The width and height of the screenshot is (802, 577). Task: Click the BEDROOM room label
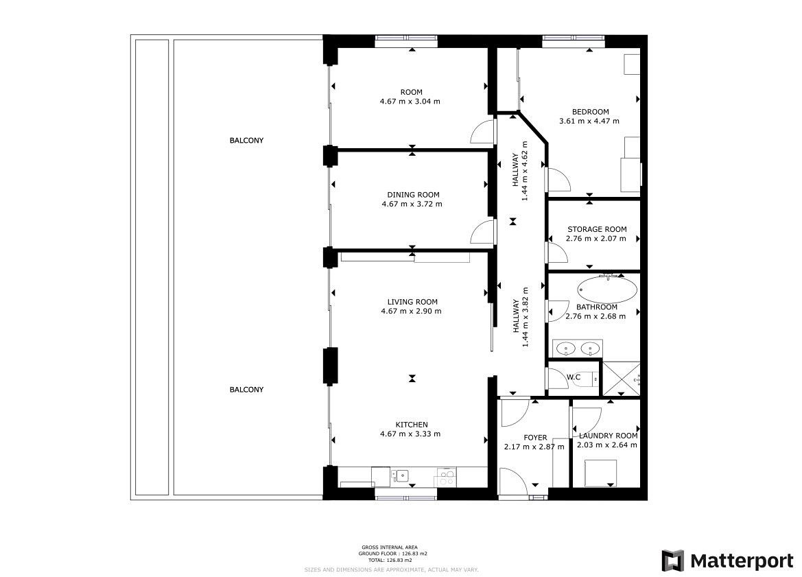click(x=590, y=112)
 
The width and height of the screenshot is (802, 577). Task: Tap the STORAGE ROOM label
click(x=597, y=230)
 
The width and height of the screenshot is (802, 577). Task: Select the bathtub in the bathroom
click(x=608, y=290)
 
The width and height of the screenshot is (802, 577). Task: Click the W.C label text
click(x=574, y=377)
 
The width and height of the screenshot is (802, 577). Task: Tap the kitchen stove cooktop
click(x=445, y=478)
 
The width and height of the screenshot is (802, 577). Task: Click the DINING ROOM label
click(x=413, y=195)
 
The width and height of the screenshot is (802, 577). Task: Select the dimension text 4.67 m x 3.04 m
click(x=410, y=102)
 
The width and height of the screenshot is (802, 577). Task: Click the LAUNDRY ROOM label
click(x=608, y=436)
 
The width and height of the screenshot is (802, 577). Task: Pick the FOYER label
click(x=535, y=438)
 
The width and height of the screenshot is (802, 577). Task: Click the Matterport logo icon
click(x=672, y=561)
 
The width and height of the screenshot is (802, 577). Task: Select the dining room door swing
click(x=482, y=233)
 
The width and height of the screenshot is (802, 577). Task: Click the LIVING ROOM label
click(x=412, y=302)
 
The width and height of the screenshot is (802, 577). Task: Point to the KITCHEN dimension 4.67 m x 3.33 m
click(x=410, y=434)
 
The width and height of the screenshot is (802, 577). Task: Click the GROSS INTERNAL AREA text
click(x=389, y=547)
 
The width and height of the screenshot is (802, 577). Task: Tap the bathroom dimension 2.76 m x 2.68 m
click(x=595, y=316)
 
